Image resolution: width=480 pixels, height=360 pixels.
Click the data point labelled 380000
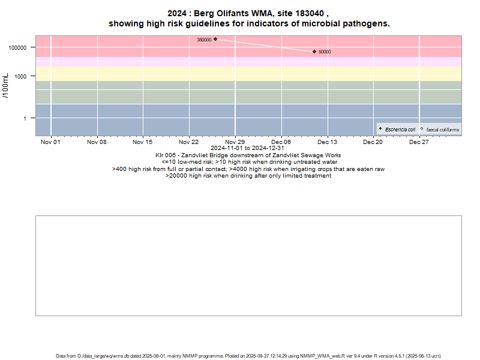coord(215,39)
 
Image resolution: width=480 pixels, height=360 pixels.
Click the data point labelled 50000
coord(314,52)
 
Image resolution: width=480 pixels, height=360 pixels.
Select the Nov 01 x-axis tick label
coord(50,142)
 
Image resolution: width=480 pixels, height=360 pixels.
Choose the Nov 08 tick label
coord(97,142)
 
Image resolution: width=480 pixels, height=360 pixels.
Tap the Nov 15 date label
coord(143,142)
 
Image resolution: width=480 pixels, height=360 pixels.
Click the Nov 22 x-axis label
coord(189,142)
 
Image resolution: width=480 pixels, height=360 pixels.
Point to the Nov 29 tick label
coord(235,142)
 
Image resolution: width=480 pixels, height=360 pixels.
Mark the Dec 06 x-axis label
coord(281,142)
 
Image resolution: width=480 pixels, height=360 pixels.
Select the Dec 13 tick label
coord(327,142)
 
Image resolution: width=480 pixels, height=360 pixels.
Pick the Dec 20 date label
coord(373,142)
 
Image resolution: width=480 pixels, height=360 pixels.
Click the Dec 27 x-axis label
coord(419,142)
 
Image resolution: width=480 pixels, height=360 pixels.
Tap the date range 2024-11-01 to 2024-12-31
coord(248,148)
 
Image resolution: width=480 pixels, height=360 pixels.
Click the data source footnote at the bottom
coord(248,356)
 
